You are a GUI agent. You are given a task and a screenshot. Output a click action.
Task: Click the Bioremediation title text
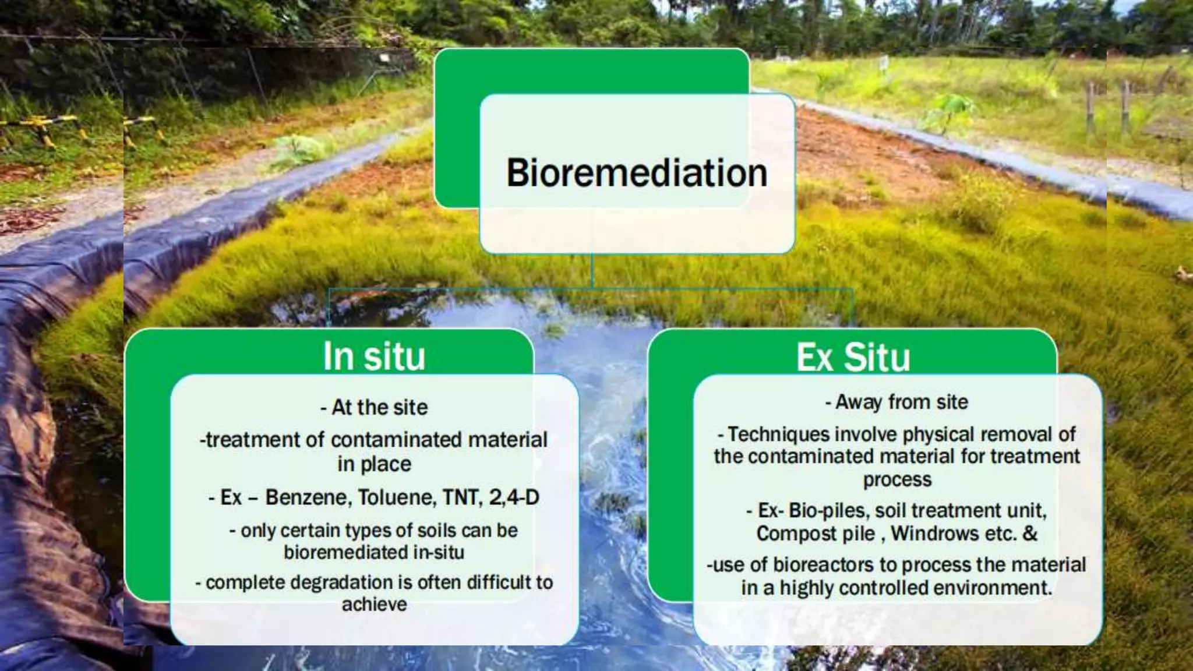click(636, 174)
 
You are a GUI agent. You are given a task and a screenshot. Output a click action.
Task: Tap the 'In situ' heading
click(374, 356)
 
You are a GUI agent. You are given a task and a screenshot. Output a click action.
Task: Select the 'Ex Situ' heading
click(853, 357)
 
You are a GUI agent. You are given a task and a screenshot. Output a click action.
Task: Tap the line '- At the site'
click(374, 407)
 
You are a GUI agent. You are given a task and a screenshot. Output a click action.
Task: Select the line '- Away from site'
click(896, 402)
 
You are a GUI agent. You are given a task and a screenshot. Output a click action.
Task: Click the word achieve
click(374, 605)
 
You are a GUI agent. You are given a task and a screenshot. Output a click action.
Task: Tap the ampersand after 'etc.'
click(1030, 534)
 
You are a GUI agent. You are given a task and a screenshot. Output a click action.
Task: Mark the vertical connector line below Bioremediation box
click(592, 271)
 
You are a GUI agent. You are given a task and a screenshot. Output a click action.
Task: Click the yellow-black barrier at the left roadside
click(41, 125)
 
